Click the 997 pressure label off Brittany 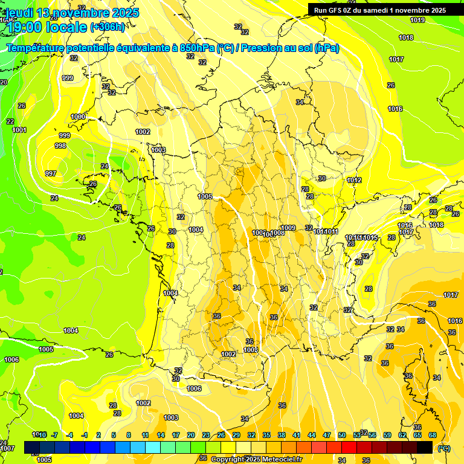[x=51, y=173]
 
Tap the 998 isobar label [x=60, y=146]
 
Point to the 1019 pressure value [x=417, y=20]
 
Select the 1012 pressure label [x=354, y=180]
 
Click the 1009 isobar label [x=288, y=228]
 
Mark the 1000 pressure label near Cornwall [x=78, y=117]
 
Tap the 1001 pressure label [x=19, y=130]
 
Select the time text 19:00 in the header [x=24, y=27]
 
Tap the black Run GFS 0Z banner [x=380, y=10]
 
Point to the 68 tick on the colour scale [x=433, y=435]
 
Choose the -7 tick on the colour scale [x=54, y=435]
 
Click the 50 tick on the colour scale [x=342, y=435]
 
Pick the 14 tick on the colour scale [x=161, y=435]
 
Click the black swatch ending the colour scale [x=425, y=447]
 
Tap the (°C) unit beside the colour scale [x=444, y=448]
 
